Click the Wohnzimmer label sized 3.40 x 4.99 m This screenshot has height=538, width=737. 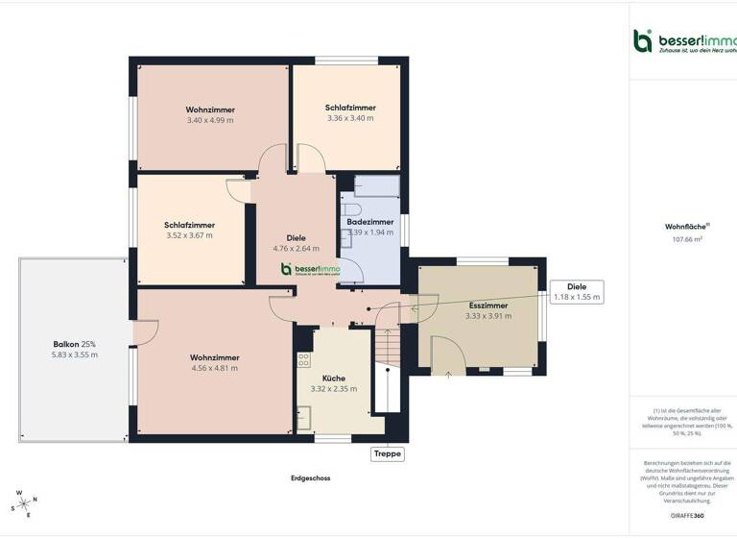(x=210, y=114)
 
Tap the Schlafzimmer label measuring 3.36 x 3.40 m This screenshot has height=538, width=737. (x=350, y=112)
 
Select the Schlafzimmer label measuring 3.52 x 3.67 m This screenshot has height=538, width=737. (x=189, y=230)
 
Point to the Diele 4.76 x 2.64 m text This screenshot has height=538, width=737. (x=296, y=242)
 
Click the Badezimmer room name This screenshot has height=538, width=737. (x=369, y=222)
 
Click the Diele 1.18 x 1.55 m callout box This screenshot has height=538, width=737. (x=577, y=292)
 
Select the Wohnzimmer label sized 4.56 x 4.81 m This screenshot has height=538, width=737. (x=215, y=361)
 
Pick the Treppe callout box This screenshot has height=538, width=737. (x=388, y=454)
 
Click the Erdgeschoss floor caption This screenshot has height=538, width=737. (x=311, y=477)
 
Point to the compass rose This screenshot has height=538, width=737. (x=22, y=502)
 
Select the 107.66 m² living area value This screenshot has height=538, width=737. (x=687, y=240)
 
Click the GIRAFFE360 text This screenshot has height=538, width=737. (x=687, y=516)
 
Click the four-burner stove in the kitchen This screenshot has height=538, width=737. (x=304, y=360)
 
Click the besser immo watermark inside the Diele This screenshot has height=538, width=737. (x=310, y=270)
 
